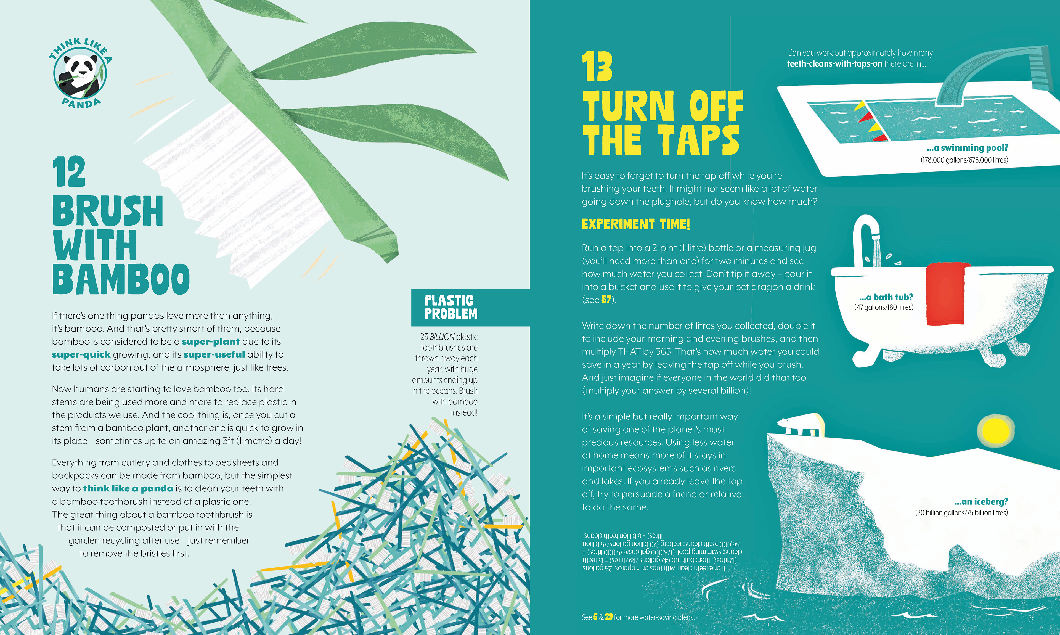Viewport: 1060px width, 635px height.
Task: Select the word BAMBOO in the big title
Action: [x=121, y=279]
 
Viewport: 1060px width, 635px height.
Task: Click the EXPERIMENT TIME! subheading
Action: [x=636, y=224]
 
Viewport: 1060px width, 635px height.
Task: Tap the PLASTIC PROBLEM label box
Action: [x=470, y=307]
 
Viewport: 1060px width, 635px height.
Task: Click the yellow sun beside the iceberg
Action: [x=995, y=430]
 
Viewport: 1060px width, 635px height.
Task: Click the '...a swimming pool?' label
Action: [x=968, y=148]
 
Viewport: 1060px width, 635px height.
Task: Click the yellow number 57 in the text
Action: [x=606, y=300]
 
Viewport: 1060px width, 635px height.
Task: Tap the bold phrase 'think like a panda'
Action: [x=128, y=488]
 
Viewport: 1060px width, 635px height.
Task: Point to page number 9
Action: [x=1031, y=617]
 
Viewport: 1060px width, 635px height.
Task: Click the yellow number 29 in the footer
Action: [x=609, y=617]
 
